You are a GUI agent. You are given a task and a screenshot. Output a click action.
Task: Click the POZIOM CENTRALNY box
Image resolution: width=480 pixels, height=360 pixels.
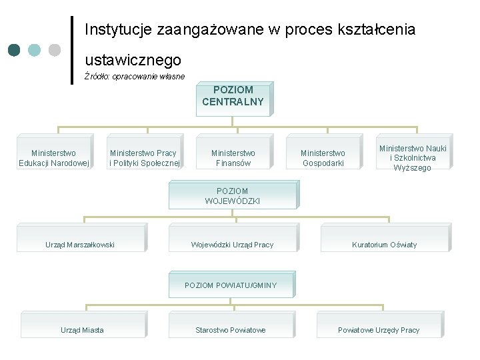click(233, 97)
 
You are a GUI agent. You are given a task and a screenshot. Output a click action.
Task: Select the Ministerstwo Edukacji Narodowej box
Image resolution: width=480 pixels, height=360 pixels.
click(53, 158)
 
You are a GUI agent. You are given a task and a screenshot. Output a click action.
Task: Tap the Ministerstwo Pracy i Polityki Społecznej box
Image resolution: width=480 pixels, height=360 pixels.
click(143, 158)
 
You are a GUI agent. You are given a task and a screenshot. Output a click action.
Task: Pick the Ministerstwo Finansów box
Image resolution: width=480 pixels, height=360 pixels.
click(233, 158)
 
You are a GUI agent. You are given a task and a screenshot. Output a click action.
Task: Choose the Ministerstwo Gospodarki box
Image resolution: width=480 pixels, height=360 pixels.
click(323, 158)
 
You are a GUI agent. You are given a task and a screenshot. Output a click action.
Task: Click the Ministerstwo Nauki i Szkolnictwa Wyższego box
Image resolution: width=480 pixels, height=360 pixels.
click(413, 157)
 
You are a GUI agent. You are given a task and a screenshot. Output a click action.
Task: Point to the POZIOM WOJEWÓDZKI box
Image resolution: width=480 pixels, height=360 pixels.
click(233, 195)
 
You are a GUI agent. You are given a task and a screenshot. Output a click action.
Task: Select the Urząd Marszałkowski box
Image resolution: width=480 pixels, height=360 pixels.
click(80, 245)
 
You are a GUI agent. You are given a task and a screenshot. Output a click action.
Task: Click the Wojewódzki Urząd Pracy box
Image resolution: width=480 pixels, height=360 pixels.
click(232, 245)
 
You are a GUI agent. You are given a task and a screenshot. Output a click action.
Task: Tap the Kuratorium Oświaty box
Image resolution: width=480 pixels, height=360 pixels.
click(384, 245)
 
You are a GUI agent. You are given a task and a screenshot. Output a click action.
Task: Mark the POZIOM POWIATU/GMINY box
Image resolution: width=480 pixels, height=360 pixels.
click(231, 285)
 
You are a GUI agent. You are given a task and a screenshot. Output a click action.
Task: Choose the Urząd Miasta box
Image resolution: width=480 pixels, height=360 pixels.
click(82, 330)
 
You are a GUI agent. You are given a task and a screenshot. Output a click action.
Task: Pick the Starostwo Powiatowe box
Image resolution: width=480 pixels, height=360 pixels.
click(231, 330)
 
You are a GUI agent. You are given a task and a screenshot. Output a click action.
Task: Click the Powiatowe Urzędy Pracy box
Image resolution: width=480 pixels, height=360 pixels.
click(379, 330)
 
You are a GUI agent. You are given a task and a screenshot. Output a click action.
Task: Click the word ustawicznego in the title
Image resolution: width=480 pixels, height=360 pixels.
click(133, 61)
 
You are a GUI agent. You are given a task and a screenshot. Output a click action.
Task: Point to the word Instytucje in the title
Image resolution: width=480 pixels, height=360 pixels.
click(118, 30)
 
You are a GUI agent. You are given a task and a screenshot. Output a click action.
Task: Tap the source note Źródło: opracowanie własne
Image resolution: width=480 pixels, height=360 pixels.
click(135, 77)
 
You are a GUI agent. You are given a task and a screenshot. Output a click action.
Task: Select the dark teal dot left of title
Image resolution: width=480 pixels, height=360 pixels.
click(15, 50)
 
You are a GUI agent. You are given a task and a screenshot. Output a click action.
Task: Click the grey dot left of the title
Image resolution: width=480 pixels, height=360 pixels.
click(55, 50)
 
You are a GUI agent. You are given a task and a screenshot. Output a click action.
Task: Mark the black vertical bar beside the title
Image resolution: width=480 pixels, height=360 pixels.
click(72, 50)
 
